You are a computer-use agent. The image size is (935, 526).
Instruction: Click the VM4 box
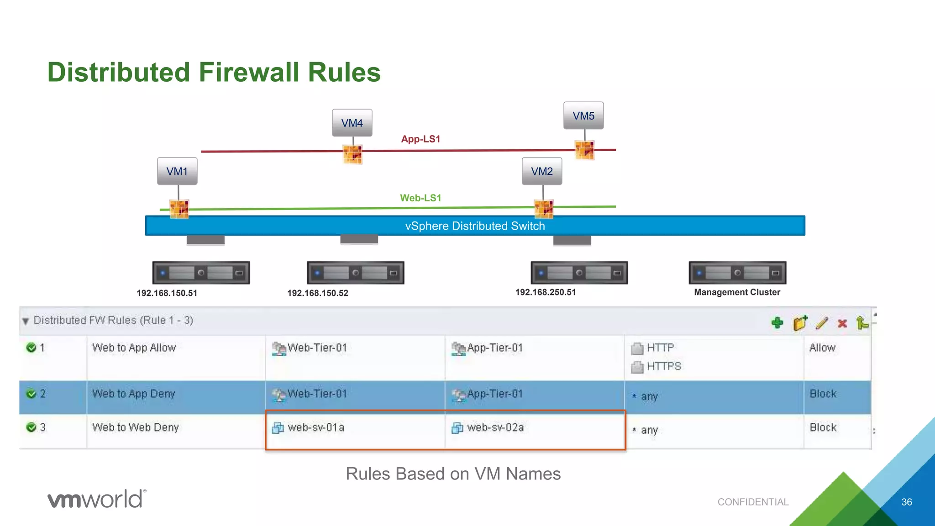point(352,123)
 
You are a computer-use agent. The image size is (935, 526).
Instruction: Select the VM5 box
point(583,116)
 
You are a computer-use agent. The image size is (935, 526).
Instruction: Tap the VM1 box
point(177,171)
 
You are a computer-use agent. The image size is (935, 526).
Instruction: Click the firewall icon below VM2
point(544,209)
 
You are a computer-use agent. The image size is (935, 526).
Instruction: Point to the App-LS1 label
point(420,139)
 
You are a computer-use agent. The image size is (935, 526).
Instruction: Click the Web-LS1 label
point(420,198)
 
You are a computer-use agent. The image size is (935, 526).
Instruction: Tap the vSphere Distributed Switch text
point(475,226)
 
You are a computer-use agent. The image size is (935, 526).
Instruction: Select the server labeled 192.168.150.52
point(355,273)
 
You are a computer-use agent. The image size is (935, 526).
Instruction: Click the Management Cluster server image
point(737,273)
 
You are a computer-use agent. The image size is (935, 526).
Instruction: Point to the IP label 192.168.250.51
point(546,292)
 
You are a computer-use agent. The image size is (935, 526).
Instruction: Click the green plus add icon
point(777,323)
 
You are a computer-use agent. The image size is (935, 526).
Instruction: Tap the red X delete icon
point(842,323)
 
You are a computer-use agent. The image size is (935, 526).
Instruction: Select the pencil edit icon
point(821,323)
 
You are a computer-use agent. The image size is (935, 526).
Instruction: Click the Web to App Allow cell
point(134,348)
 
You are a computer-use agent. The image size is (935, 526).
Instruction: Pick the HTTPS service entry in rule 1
point(663,366)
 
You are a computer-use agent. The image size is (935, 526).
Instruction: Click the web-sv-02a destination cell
point(495,427)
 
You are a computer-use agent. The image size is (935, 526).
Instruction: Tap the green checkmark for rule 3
point(32,427)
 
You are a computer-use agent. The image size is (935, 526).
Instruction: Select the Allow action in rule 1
point(822,348)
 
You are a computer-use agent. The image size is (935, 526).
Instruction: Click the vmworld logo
point(97,499)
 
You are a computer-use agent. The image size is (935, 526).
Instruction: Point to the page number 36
point(906,502)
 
